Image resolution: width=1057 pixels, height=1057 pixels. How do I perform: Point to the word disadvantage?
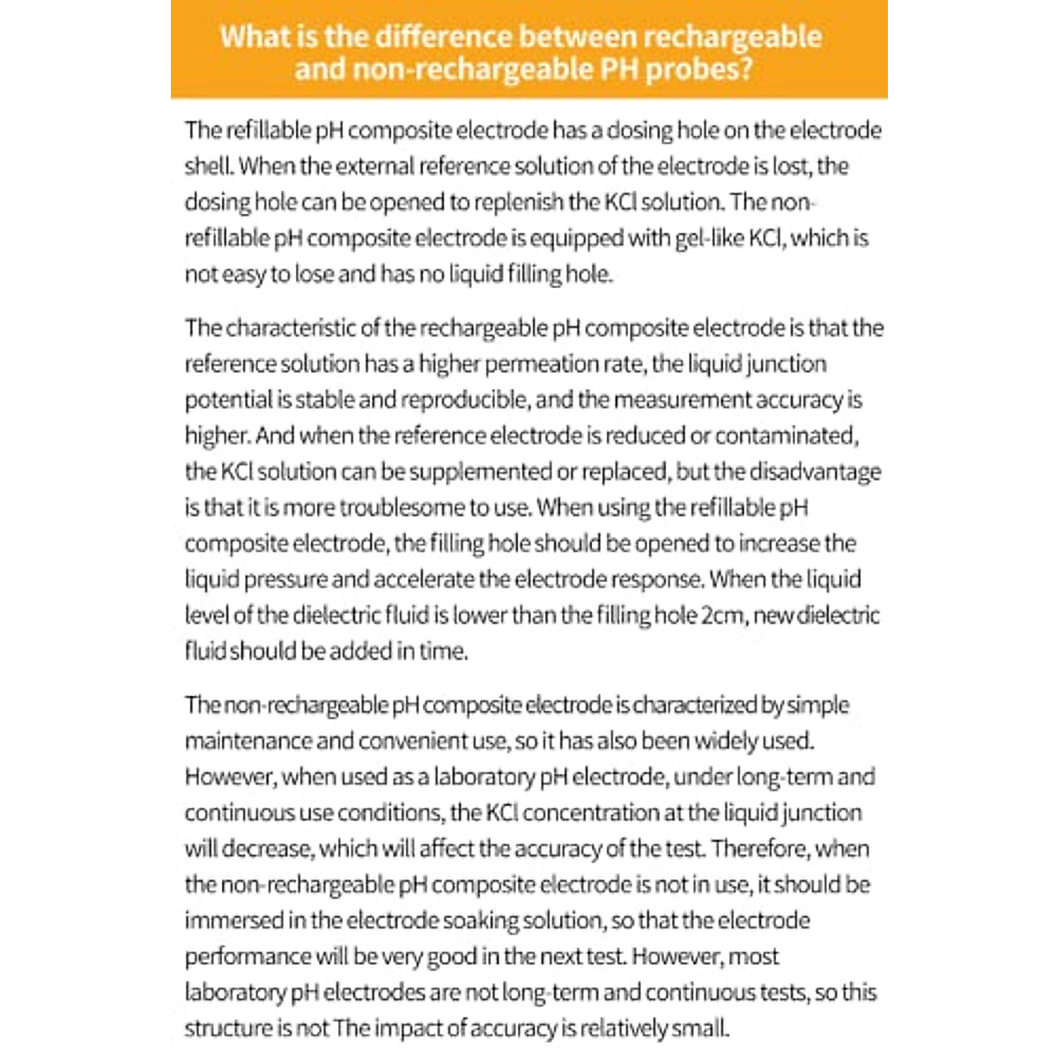tap(815, 471)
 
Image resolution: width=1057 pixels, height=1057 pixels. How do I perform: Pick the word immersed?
tap(233, 920)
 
